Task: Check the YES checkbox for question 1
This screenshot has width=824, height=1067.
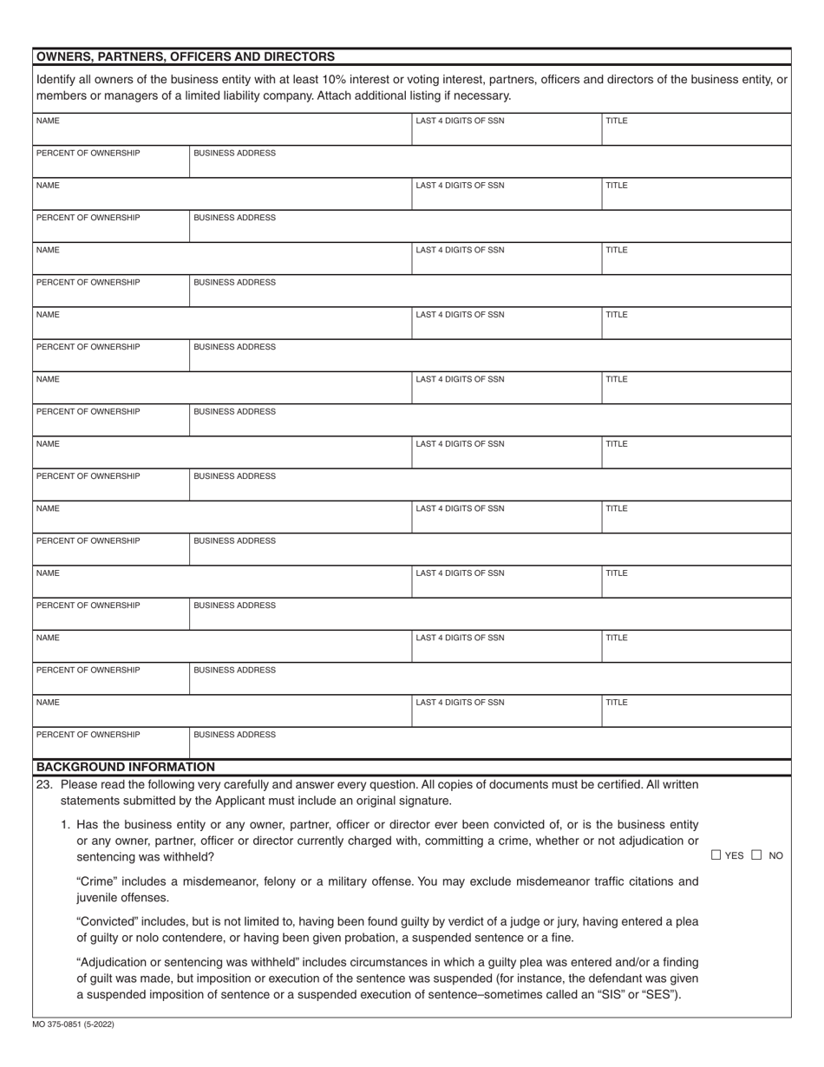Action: tap(716, 855)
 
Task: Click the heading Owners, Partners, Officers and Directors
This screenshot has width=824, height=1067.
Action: tap(186, 56)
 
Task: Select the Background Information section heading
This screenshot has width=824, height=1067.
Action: tap(126, 767)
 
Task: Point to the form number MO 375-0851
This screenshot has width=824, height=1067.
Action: tap(75, 1024)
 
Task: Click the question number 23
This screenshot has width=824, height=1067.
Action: tap(44, 784)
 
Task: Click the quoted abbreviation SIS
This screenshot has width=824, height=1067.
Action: tap(607, 994)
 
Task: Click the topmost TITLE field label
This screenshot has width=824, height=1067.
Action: tap(616, 121)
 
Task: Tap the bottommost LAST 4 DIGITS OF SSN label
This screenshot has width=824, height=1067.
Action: tap(460, 702)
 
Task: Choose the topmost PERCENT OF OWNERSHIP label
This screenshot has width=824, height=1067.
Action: tap(88, 153)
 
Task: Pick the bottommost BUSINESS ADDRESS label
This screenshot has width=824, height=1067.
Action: tap(234, 735)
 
